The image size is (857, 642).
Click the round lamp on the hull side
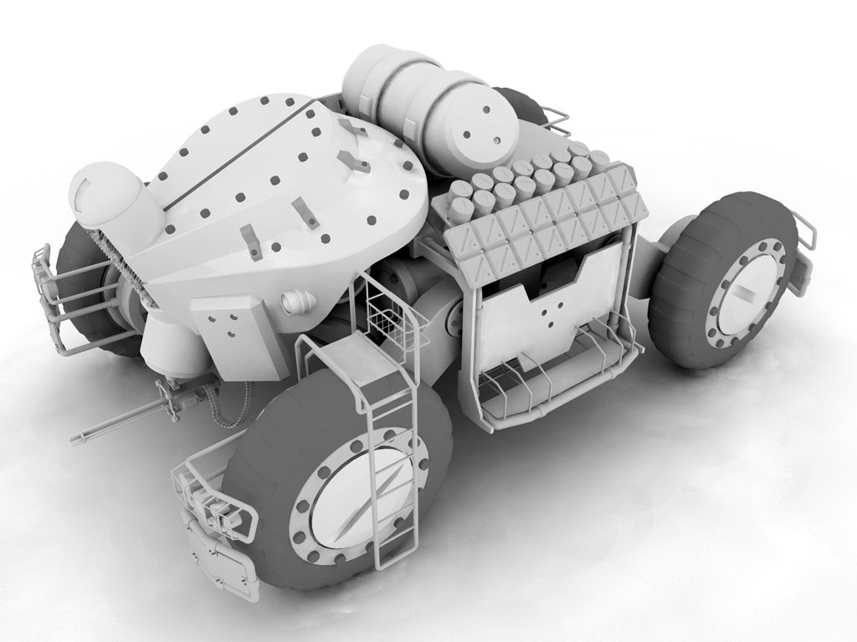(x=295, y=301)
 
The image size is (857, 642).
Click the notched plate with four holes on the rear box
(x=548, y=309)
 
